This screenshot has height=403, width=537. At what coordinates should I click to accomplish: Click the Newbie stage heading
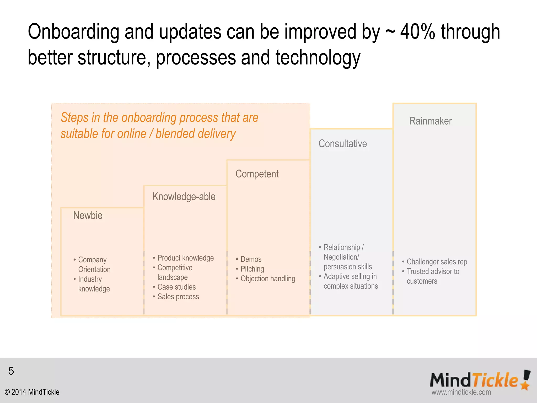pos(88,216)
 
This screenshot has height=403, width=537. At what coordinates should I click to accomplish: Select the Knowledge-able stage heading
pos(184,197)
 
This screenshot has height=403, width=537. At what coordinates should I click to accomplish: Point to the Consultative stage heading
pos(342,144)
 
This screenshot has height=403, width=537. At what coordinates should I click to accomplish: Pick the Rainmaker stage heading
pos(430,121)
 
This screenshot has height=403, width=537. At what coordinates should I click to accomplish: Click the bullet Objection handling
pos(268,279)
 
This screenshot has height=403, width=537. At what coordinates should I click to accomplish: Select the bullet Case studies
pos(176,287)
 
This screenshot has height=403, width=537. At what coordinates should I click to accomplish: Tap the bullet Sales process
pos(178,297)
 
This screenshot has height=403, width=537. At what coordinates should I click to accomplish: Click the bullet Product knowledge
pos(185,258)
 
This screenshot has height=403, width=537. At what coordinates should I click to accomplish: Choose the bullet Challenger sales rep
pos(437,262)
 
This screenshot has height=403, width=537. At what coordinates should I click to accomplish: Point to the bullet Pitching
pos(252,269)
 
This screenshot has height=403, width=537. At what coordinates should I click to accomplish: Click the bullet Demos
pos(251,259)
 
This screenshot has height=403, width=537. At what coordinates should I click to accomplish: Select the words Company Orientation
pos(94,264)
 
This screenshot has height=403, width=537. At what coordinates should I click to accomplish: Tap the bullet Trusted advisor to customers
pos(433,276)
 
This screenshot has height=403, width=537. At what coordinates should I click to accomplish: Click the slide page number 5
pos(11,371)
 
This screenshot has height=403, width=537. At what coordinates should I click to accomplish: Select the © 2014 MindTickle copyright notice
pos(32,392)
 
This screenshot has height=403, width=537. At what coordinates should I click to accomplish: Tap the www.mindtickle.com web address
pos(461,392)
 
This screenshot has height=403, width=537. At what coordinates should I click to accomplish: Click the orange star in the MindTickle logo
pos(525,385)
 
